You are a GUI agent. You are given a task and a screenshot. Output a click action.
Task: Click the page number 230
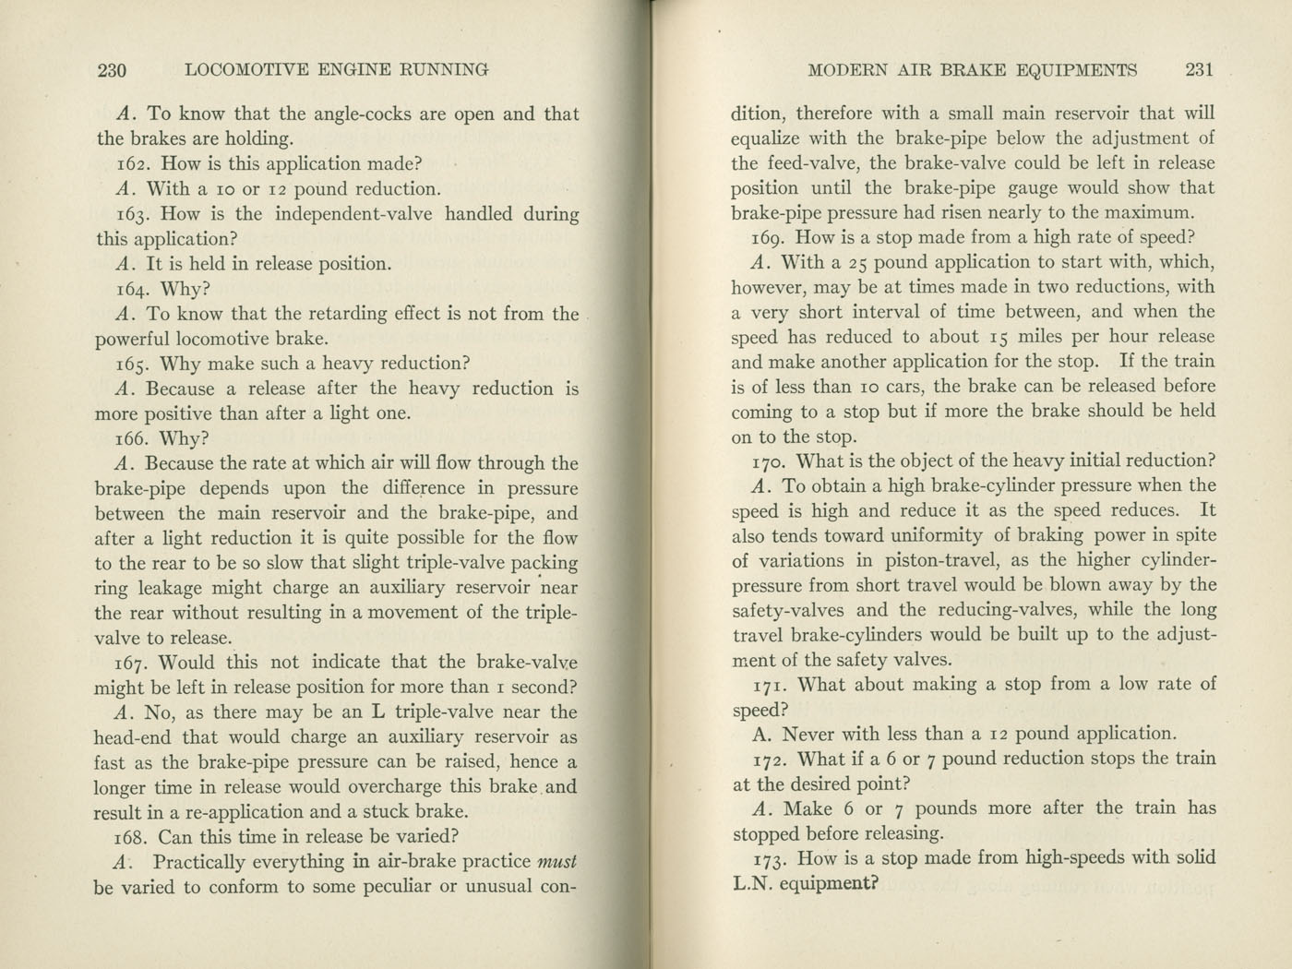[x=112, y=70]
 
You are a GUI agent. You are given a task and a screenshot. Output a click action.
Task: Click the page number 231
[x=1199, y=69]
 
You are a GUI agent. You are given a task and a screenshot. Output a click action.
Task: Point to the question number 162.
[x=135, y=164]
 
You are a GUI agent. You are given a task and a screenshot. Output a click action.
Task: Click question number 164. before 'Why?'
[x=135, y=289]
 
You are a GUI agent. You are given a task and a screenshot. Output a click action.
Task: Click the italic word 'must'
[x=556, y=862]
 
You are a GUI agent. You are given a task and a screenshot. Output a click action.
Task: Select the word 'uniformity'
[x=936, y=535]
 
